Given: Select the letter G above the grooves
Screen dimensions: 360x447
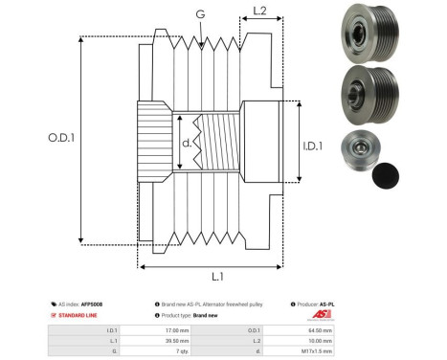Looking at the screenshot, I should coord(199,14).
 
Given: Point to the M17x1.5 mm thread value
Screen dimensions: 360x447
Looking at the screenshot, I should coord(321,351).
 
